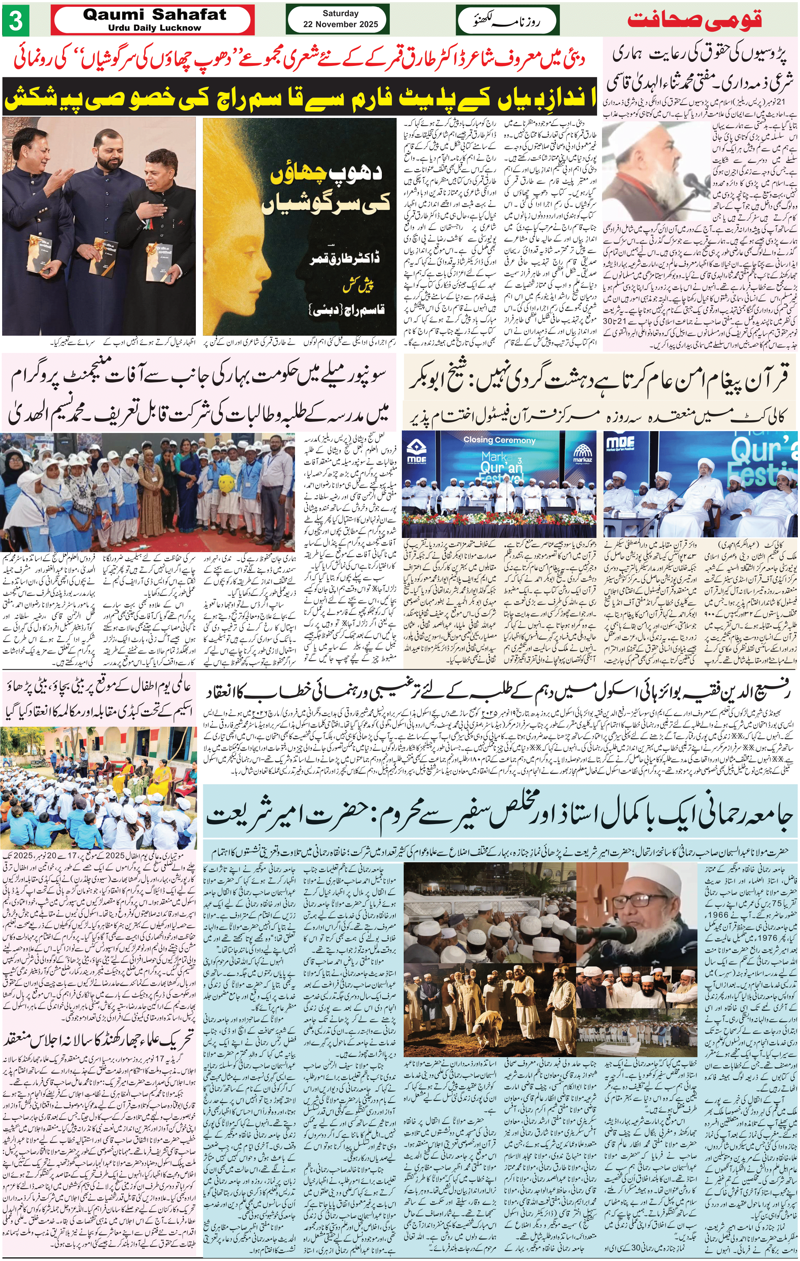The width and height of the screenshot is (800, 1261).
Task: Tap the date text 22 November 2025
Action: (x=340, y=24)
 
